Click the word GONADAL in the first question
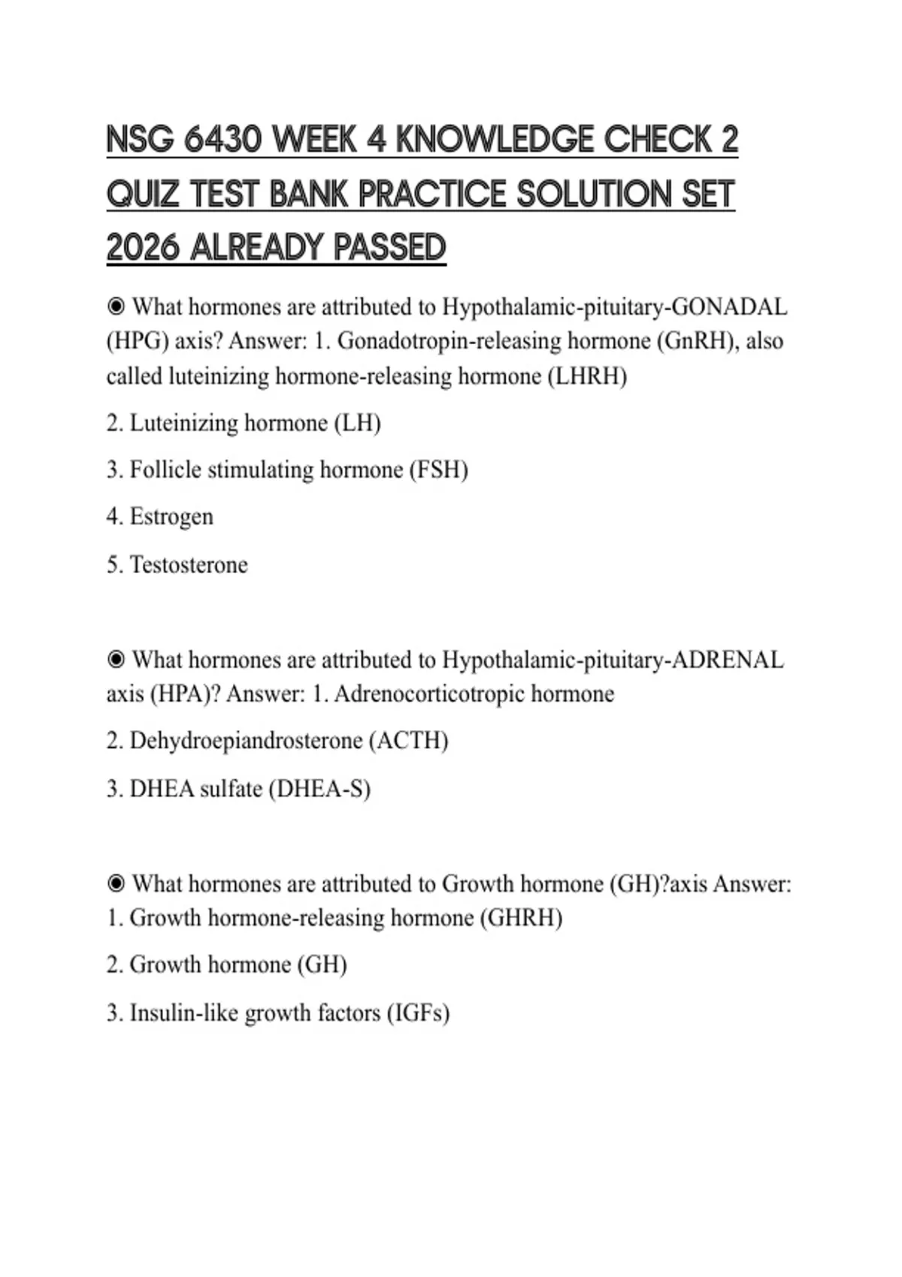pyautogui.click(x=728, y=306)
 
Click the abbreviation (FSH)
pyautogui.click(x=438, y=470)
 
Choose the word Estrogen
pyautogui.click(x=171, y=517)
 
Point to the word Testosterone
pyautogui.click(x=189, y=564)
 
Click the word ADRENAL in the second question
pyautogui.click(x=727, y=660)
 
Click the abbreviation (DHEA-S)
pyautogui.click(x=319, y=789)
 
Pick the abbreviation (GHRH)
pyautogui.click(x=521, y=918)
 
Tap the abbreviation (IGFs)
pyautogui.click(x=418, y=1013)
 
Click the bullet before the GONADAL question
pyautogui.click(x=116, y=306)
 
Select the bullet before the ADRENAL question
pyautogui.click(x=116, y=660)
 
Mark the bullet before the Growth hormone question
pyautogui.click(x=116, y=883)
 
